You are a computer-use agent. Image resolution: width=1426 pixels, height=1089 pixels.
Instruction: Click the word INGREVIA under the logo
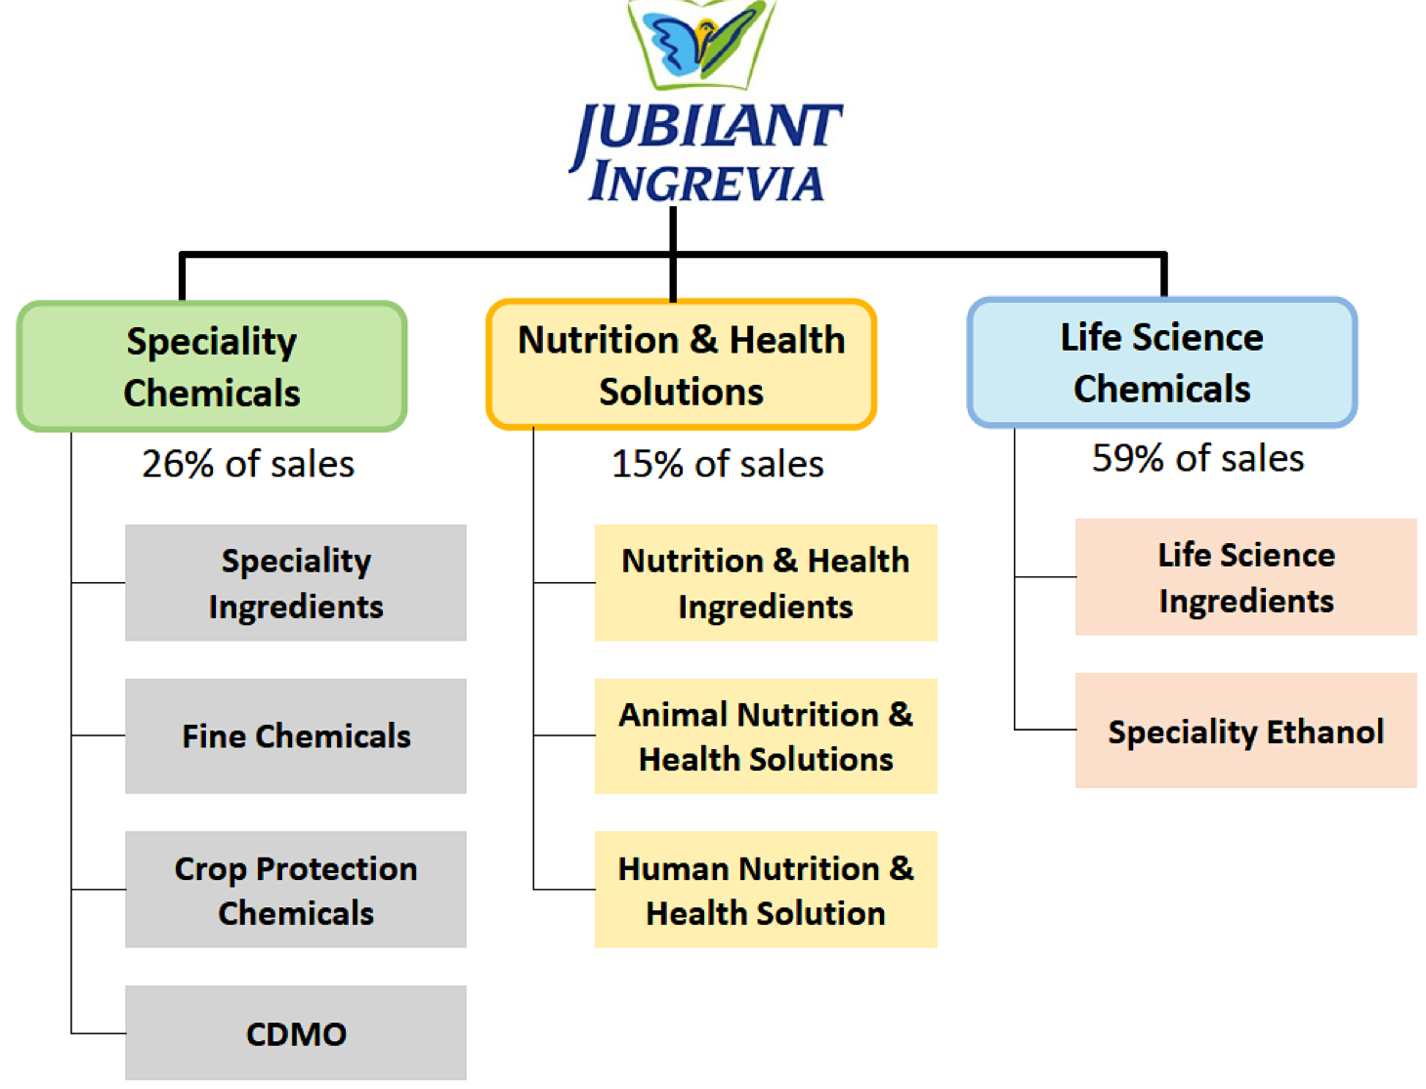(x=706, y=182)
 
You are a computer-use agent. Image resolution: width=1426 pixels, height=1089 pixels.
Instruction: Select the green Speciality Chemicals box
(x=212, y=366)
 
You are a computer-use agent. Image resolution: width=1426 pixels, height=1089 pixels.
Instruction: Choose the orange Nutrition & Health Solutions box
(x=682, y=364)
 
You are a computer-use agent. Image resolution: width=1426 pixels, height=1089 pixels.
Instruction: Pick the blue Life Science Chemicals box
(x=1162, y=362)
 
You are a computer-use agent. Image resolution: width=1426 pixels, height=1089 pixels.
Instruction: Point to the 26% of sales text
(x=248, y=464)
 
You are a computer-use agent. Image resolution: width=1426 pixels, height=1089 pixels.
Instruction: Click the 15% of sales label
(x=718, y=464)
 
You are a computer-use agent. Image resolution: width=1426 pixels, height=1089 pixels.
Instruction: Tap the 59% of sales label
(x=1198, y=458)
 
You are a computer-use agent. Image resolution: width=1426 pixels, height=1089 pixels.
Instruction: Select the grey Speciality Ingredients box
(x=296, y=582)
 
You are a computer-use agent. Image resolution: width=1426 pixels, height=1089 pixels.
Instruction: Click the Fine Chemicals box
(x=296, y=735)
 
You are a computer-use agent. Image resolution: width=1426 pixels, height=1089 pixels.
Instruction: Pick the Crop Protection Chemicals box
(x=296, y=889)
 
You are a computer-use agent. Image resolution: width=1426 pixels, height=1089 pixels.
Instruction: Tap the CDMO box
(x=296, y=1032)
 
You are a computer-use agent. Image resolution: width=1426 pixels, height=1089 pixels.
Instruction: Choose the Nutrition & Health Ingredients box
(x=766, y=582)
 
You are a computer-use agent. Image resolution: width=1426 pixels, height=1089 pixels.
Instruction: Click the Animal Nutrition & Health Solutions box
(x=766, y=735)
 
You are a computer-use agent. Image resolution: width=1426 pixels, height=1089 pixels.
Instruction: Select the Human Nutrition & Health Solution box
(x=766, y=889)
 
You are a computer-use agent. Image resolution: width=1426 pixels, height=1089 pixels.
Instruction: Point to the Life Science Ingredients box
(x=1246, y=576)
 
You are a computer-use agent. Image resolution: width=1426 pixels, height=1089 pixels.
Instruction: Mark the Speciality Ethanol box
(x=1246, y=731)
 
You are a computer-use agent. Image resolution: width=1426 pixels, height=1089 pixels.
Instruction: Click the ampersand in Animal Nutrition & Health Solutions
(x=901, y=714)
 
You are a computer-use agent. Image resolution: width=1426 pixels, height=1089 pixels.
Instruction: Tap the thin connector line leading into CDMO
(x=98, y=1032)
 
